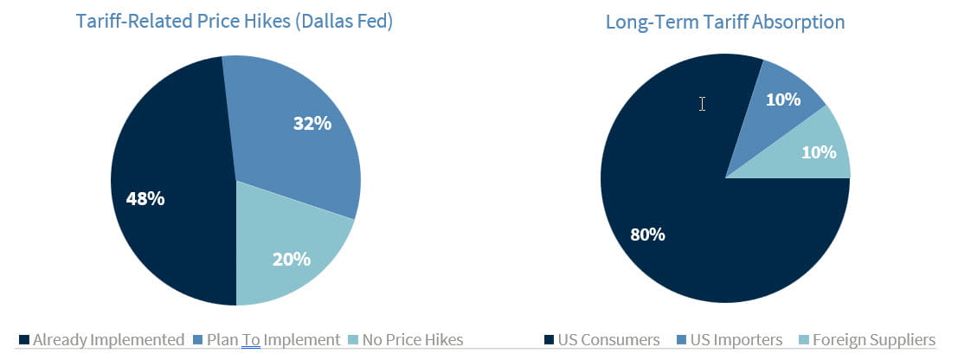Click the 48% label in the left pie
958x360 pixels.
[x=145, y=198]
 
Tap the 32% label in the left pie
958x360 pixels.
[x=312, y=124]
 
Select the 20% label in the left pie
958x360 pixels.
[x=291, y=258]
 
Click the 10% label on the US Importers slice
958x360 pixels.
[x=782, y=100]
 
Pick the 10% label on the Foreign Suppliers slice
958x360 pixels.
[x=819, y=152]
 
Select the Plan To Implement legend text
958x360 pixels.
[x=273, y=340]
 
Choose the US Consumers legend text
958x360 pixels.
[x=609, y=340]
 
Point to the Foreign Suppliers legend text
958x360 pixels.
[x=873, y=340]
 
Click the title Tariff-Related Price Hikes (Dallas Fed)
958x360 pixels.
[x=236, y=21]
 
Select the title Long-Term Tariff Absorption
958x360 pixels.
[x=725, y=21]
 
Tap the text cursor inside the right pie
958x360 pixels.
[x=702, y=104]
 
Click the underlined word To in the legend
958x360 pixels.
[x=251, y=340]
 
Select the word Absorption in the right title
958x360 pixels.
[x=801, y=21]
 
